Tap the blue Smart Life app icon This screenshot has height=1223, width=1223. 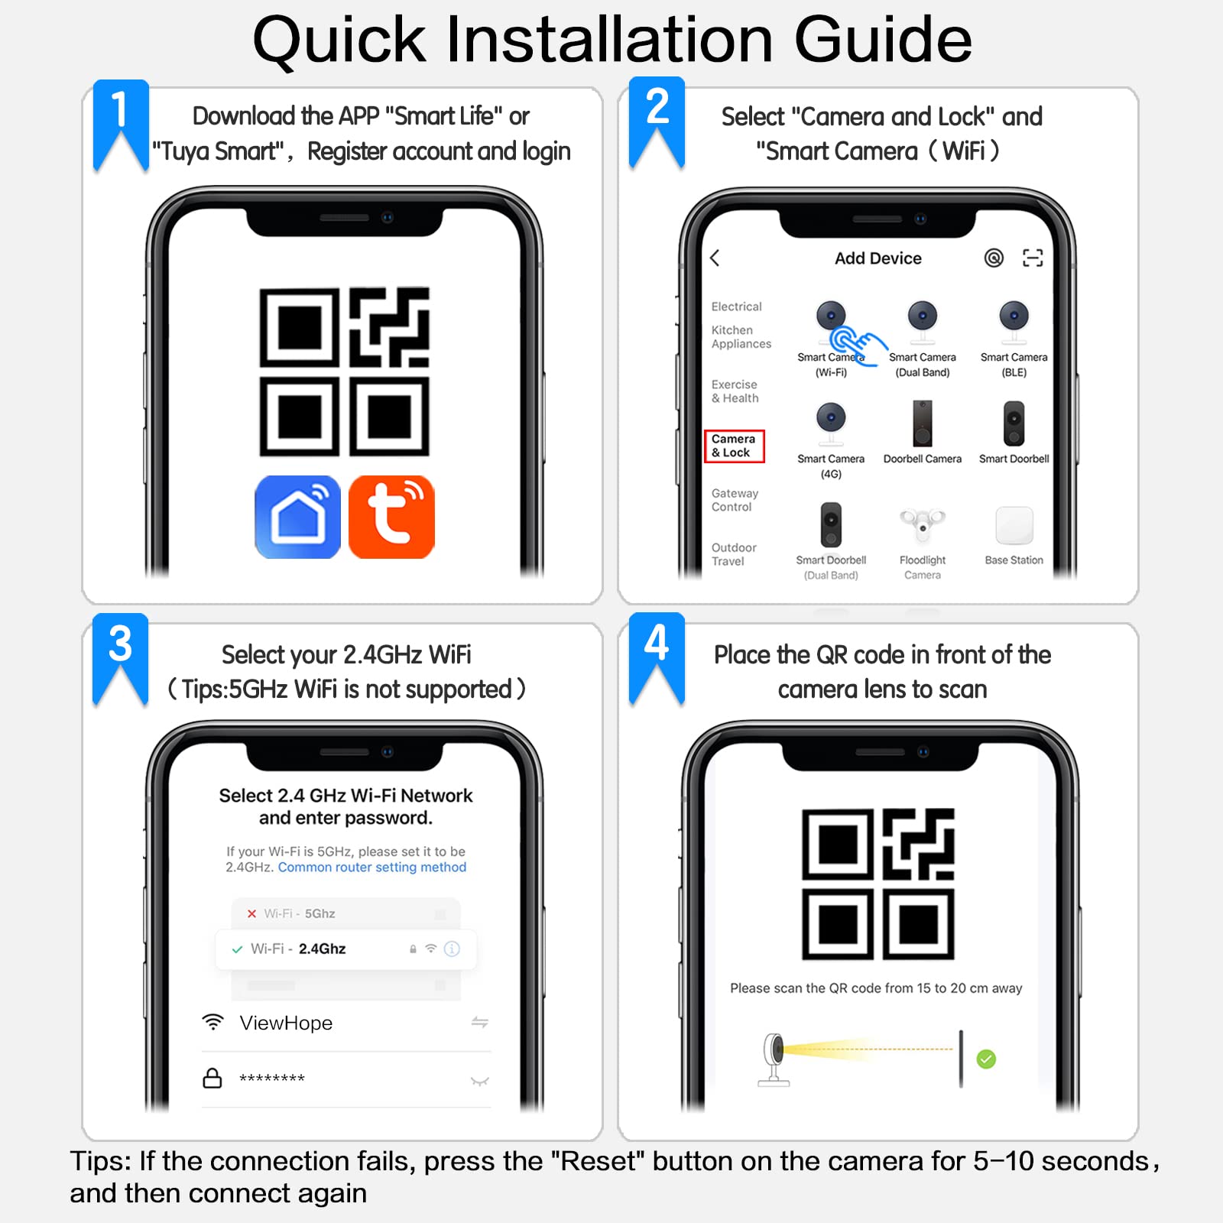click(297, 517)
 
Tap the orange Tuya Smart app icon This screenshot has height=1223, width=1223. click(391, 517)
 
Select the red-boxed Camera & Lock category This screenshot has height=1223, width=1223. click(734, 446)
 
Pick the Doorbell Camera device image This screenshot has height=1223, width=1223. click(923, 423)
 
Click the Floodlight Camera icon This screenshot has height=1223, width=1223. click(923, 524)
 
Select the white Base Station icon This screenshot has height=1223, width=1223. click(1014, 526)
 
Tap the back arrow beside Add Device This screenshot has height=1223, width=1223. click(715, 258)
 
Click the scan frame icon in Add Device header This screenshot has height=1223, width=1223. click(1033, 258)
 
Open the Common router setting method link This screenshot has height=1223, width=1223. click(372, 868)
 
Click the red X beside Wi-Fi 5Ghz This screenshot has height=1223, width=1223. click(251, 913)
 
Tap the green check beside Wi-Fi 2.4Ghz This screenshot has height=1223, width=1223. click(237, 949)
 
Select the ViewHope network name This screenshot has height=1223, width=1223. click(286, 1023)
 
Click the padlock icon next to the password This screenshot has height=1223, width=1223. click(212, 1079)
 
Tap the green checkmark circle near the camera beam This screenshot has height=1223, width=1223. click(986, 1059)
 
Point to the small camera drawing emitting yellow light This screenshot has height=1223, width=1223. click(774, 1058)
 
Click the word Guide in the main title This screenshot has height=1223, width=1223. click(882, 40)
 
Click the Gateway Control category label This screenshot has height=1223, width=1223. click(735, 500)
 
